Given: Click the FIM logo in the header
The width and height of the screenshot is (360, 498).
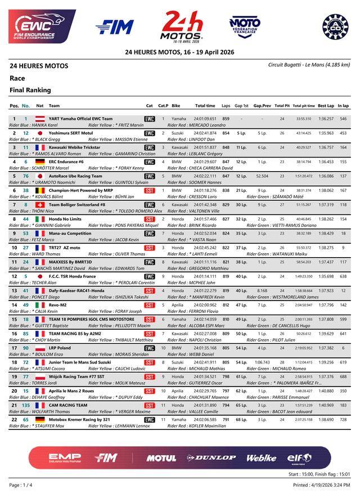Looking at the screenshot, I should [115, 26].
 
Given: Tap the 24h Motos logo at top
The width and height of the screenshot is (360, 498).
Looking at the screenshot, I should [181, 26].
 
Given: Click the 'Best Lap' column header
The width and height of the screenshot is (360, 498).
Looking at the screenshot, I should [326, 105].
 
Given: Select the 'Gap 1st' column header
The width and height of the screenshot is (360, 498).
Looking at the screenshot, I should [241, 105].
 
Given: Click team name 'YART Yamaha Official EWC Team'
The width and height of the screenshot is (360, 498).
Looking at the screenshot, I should [80, 119].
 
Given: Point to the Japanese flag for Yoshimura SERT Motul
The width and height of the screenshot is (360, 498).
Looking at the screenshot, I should [40, 133].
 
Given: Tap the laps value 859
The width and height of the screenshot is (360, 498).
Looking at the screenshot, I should [226, 119].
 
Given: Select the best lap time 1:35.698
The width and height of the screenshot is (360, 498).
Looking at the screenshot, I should [326, 276].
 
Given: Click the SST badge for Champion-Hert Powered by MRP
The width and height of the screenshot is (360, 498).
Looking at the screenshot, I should [150, 191].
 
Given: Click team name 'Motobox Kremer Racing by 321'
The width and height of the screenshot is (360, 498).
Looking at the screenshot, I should [79, 420].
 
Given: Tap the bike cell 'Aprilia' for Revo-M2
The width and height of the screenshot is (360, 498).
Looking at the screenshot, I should [177, 305].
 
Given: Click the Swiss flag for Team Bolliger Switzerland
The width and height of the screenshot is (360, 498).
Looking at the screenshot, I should [40, 205].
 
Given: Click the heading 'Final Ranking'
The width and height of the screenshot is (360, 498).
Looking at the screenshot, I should [30, 90].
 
